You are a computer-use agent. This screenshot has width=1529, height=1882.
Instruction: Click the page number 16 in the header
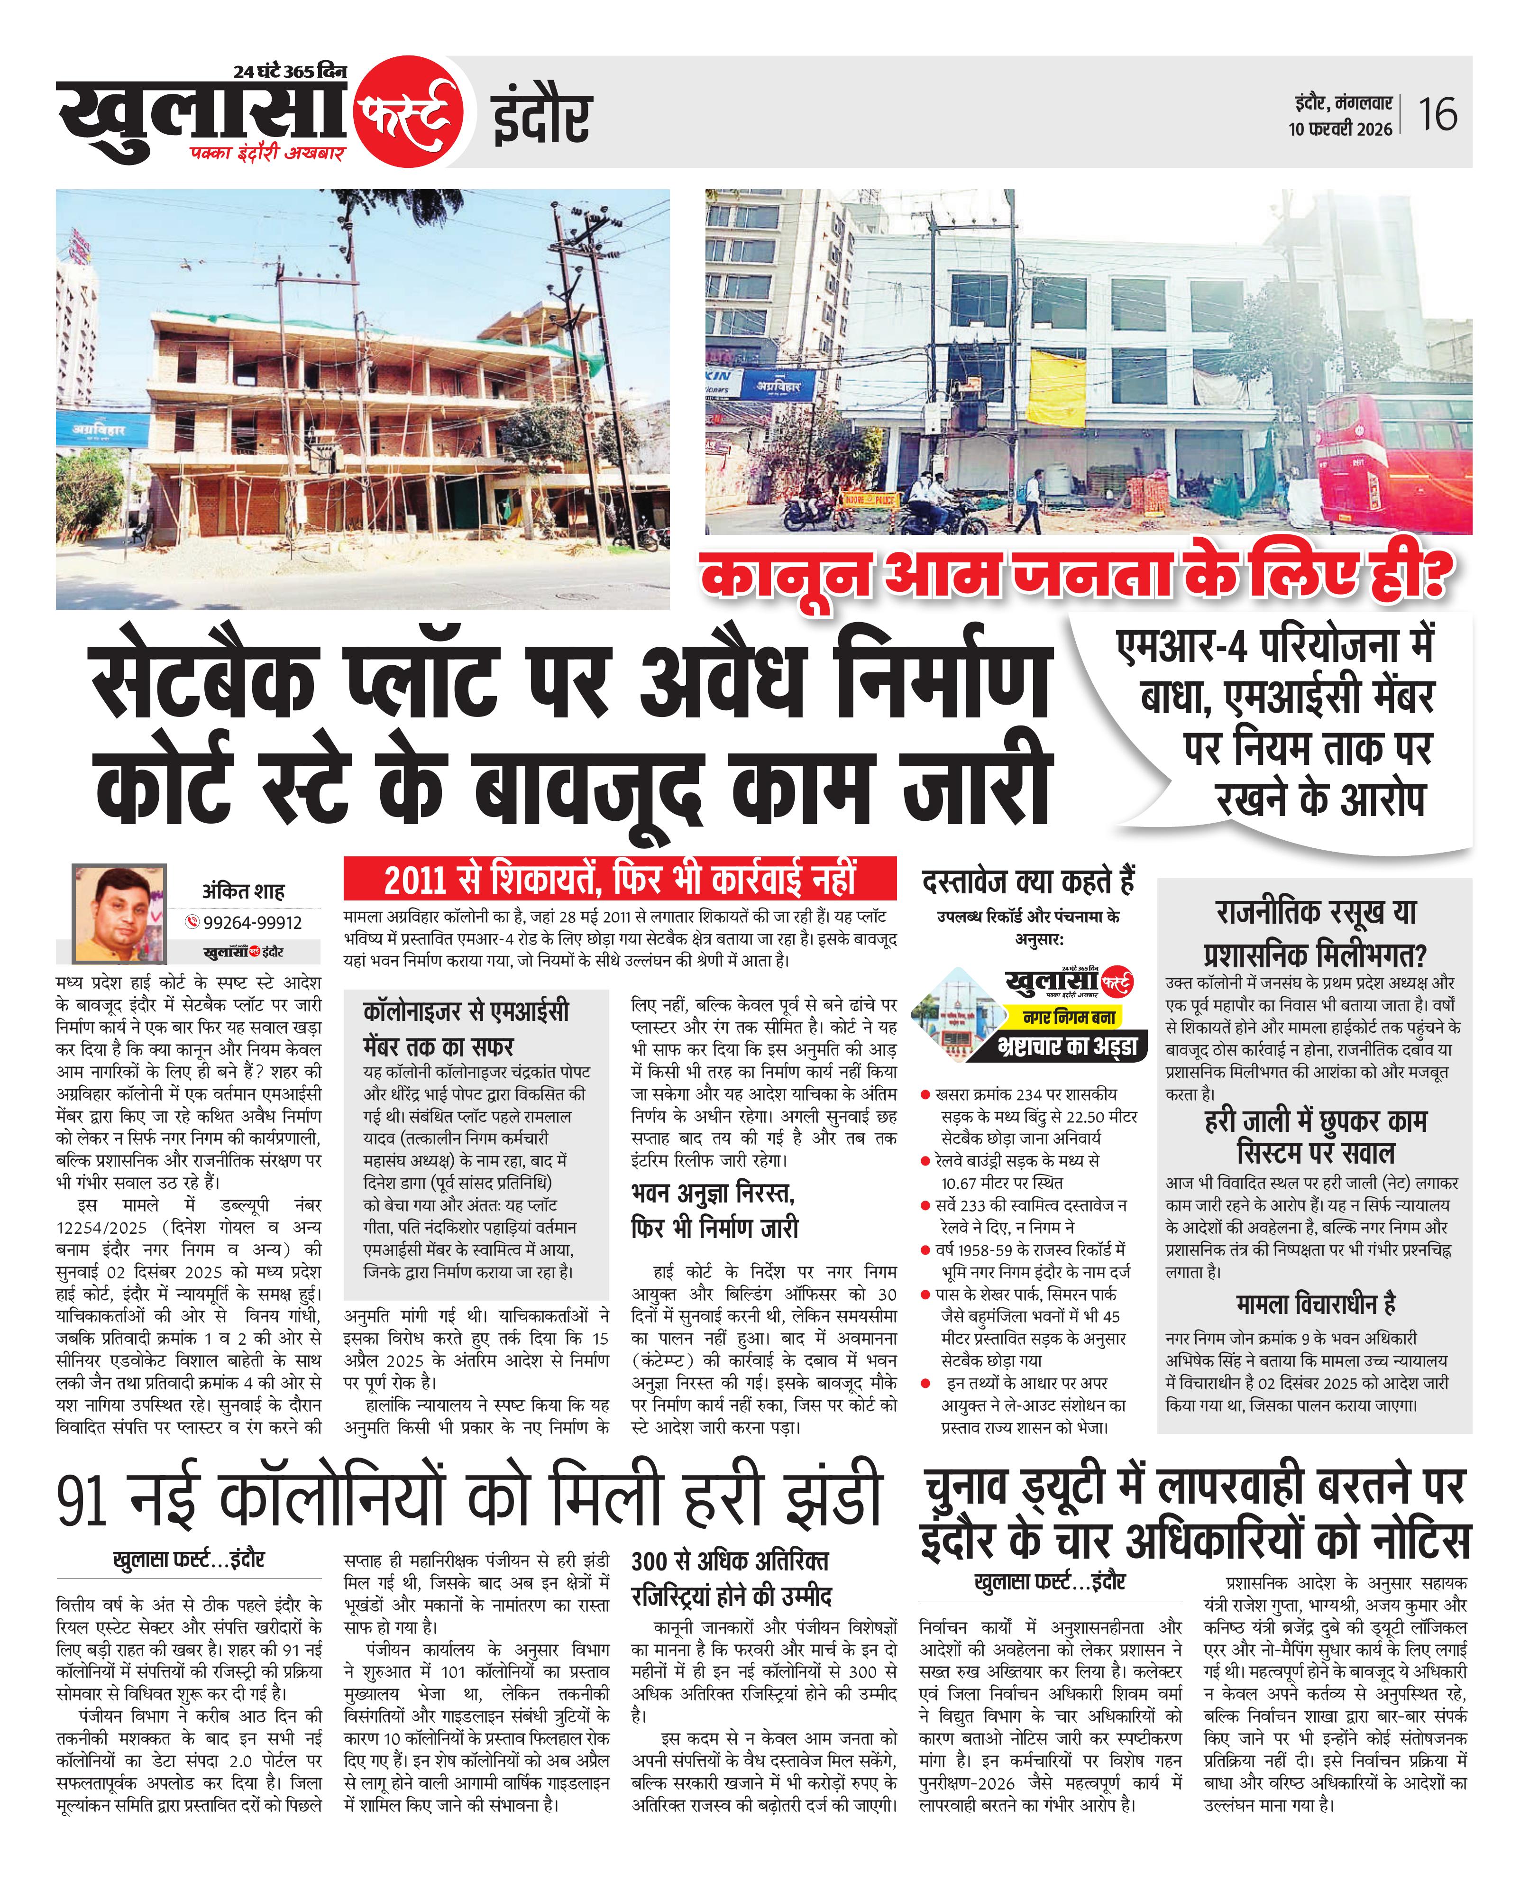click(x=1437, y=114)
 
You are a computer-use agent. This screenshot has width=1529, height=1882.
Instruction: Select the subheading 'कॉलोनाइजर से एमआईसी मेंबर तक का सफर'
click(x=466, y=1028)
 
